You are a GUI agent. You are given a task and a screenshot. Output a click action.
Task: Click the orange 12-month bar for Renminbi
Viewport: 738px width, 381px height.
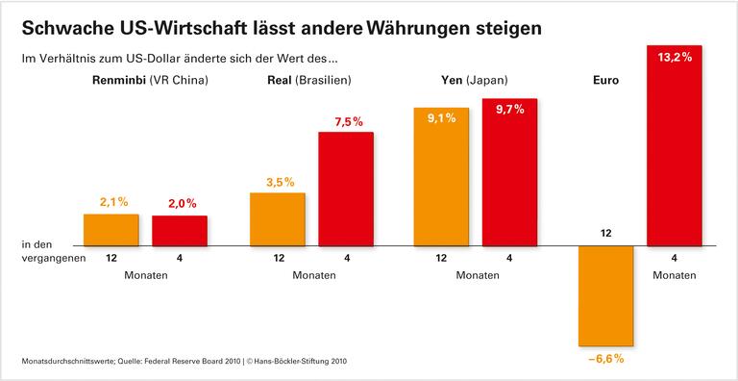point(111,229)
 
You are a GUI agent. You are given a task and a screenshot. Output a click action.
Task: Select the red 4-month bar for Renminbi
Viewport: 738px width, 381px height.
point(180,230)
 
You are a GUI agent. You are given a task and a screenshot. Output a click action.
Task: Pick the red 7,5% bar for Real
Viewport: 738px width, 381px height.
point(346,188)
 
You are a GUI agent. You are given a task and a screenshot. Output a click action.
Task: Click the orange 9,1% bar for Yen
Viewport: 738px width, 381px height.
point(440,176)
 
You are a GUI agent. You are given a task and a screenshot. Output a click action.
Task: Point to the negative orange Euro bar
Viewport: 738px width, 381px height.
point(606,294)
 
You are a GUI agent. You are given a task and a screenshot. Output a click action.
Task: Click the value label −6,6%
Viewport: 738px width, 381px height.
point(606,359)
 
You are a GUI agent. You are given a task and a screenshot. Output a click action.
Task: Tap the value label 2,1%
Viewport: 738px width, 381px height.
point(113,202)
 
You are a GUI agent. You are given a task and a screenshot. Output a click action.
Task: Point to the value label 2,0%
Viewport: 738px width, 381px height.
point(181,203)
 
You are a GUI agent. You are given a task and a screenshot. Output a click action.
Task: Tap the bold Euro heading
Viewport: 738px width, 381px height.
point(607,81)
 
